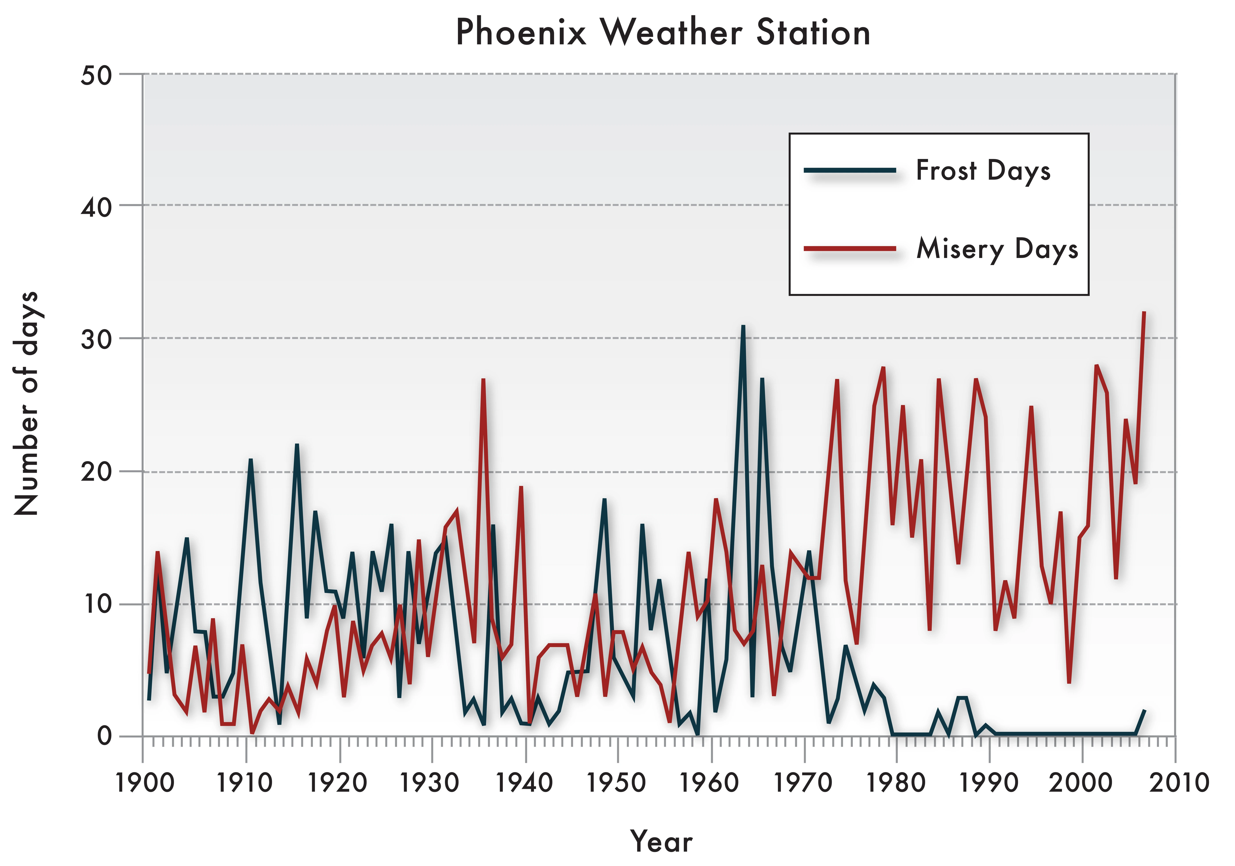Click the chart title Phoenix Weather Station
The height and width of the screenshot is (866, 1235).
pyautogui.click(x=663, y=32)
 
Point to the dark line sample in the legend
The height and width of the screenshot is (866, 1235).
pyautogui.click(x=850, y=171)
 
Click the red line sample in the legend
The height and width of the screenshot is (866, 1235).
pyautogui.click(x=850, y=249)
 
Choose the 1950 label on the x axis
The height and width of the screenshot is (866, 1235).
pyautogui.click(x=616, y=783)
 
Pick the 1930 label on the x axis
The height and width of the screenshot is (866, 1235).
pyautogui.click(x=430, y=783)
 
